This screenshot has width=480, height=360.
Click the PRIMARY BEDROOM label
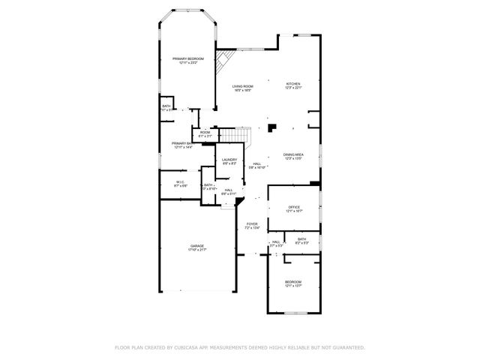[187, 58]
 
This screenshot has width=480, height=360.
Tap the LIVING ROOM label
[242, 86]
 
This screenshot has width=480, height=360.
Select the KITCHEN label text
[293, 83]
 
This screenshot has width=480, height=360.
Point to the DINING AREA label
[293, 154]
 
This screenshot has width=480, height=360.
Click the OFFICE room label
[293, 207]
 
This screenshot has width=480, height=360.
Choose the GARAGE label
[197, 245]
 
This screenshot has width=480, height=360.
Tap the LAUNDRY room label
[229, 159]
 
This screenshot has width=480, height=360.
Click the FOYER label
[252, 223]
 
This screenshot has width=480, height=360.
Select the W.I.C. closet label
[180, 181]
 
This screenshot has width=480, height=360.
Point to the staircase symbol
[233, 135]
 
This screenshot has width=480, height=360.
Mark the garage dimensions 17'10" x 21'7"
[197, 250]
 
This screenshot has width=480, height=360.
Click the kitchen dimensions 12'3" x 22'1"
[293, 88]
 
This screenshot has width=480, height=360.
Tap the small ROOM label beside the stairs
[205, 132]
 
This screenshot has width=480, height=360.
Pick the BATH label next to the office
[301, 238]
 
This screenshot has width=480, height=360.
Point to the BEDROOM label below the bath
[293, 281]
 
